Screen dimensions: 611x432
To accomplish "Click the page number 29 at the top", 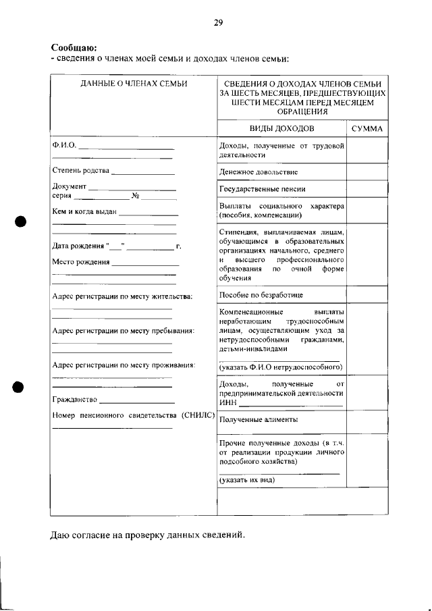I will [218, 22].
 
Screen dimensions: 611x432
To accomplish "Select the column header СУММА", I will [368, 128].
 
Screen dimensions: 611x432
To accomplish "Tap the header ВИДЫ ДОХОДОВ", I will [282, 128].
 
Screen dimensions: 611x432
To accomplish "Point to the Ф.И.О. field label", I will [64, 145].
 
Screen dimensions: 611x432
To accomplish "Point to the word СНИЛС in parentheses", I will [198, 415].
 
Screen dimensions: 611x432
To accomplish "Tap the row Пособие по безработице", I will [261, 295].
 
